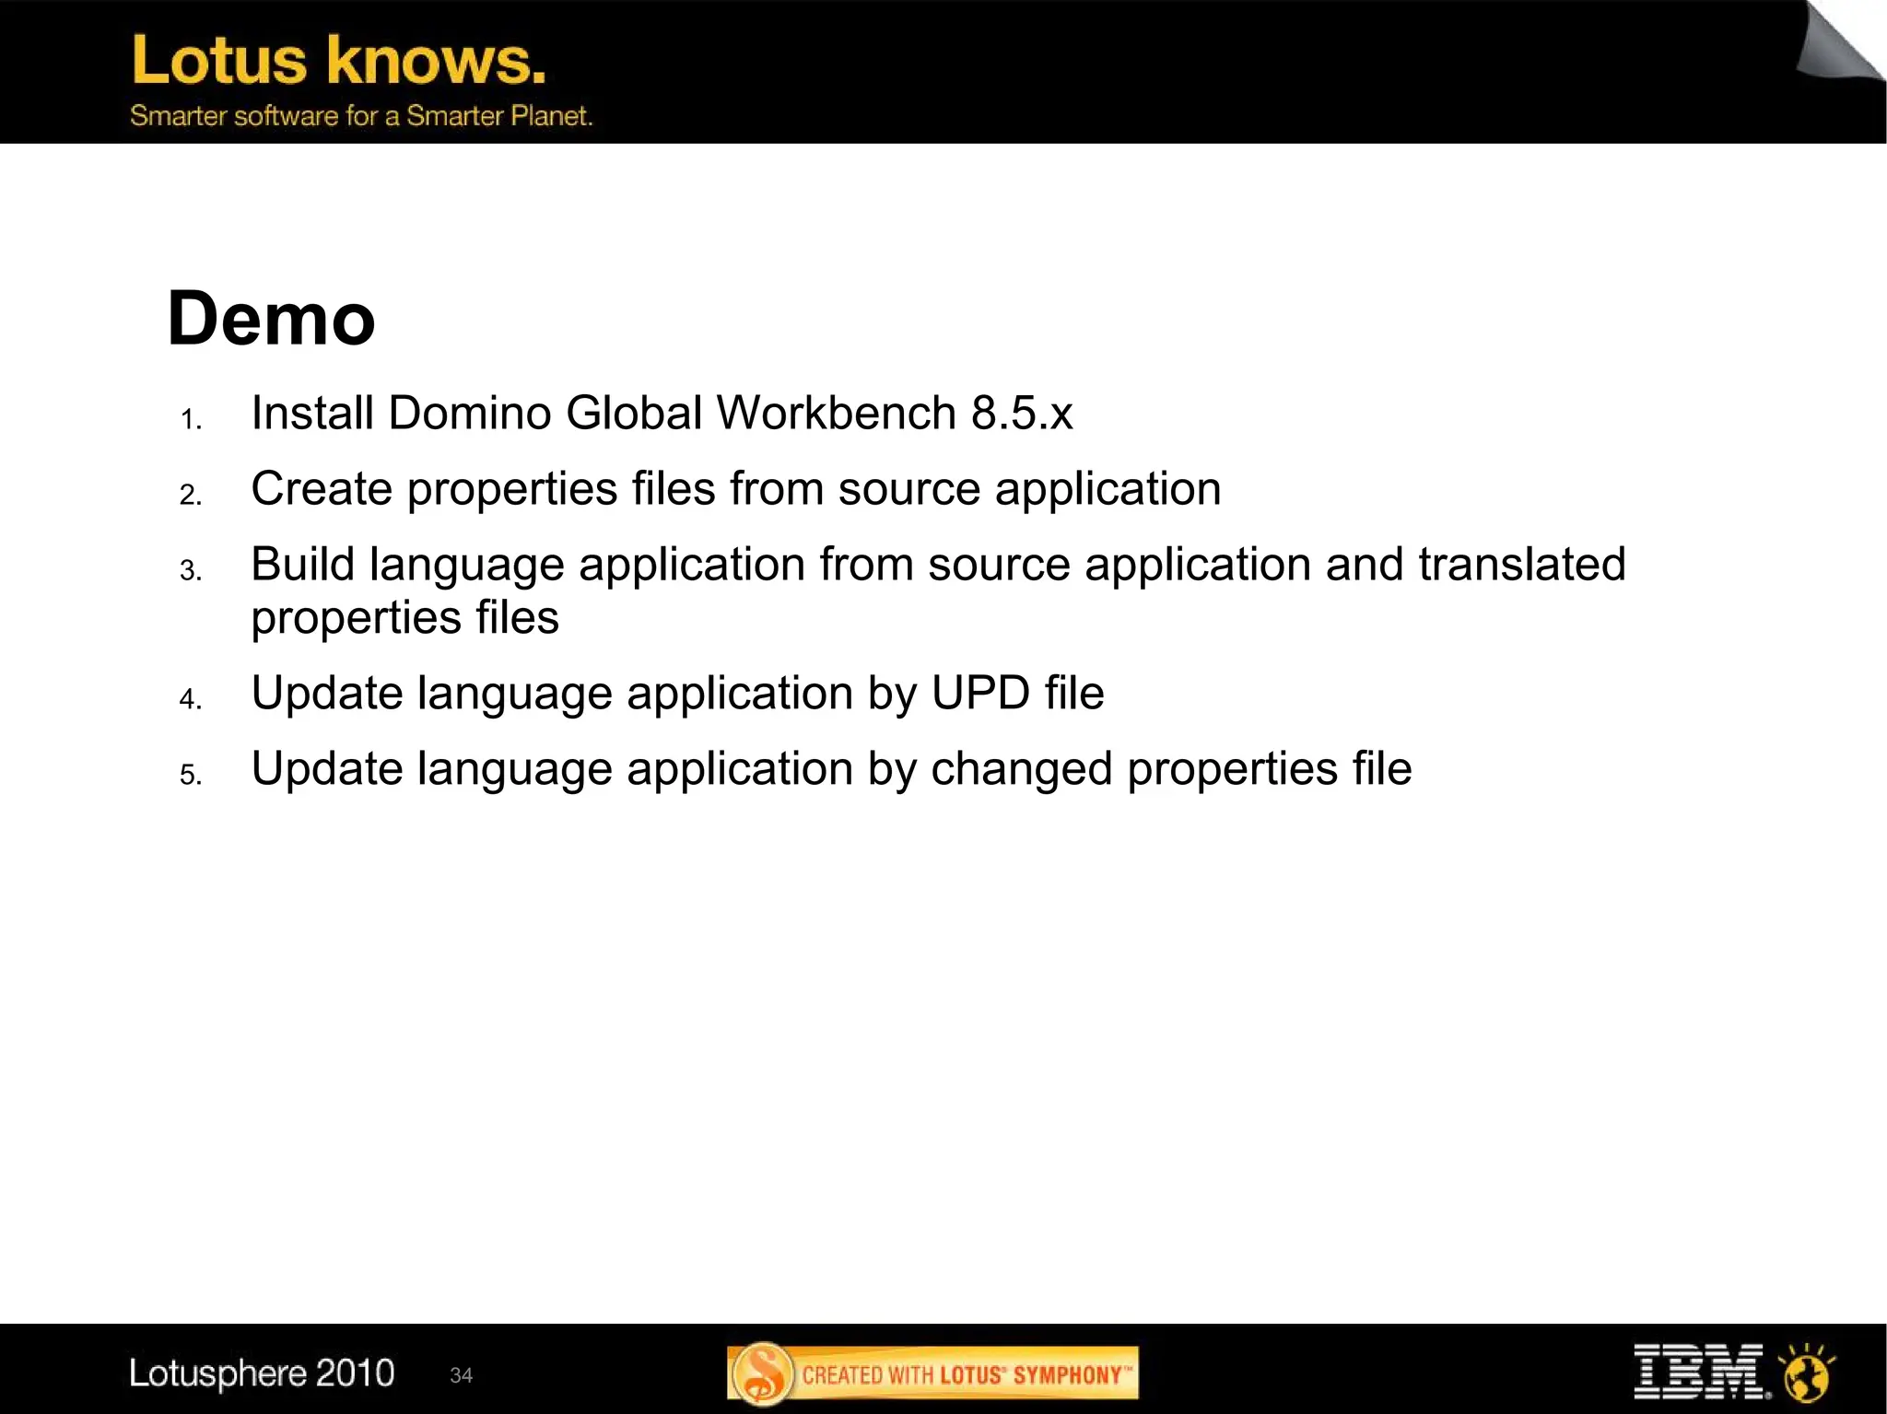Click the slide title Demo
271,319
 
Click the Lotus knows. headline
339,61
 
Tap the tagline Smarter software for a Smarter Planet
361,116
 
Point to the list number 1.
191,420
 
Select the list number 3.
191,571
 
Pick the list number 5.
191,775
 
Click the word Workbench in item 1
837,413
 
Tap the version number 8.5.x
1022,413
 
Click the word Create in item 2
322,488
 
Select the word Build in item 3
302,564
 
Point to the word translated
1521,564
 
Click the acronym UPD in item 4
979,693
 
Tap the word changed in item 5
1021,769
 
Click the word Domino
469,413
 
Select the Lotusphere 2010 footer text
262,1373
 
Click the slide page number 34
461,1375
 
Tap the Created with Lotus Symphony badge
932,1374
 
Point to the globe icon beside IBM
1806,1373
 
